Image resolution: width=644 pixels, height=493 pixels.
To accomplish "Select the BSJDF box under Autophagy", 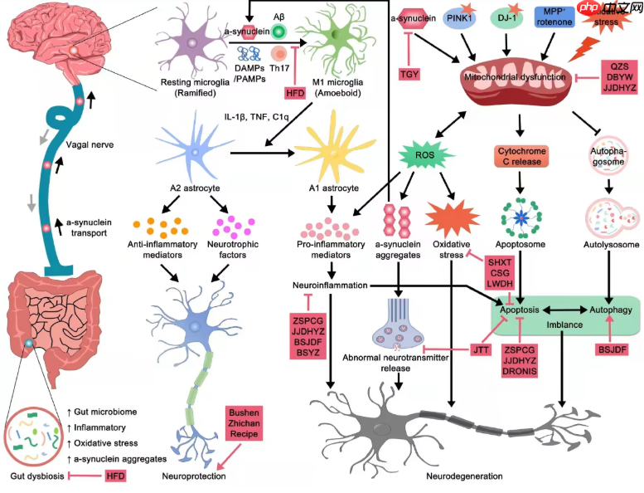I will pyautogui.click(x=612, y=349).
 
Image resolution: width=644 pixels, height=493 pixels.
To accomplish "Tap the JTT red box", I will pyautogui.click(x=482, y=349).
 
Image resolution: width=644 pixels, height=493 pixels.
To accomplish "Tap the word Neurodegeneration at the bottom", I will pyautogui.click(x=464, y=476).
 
